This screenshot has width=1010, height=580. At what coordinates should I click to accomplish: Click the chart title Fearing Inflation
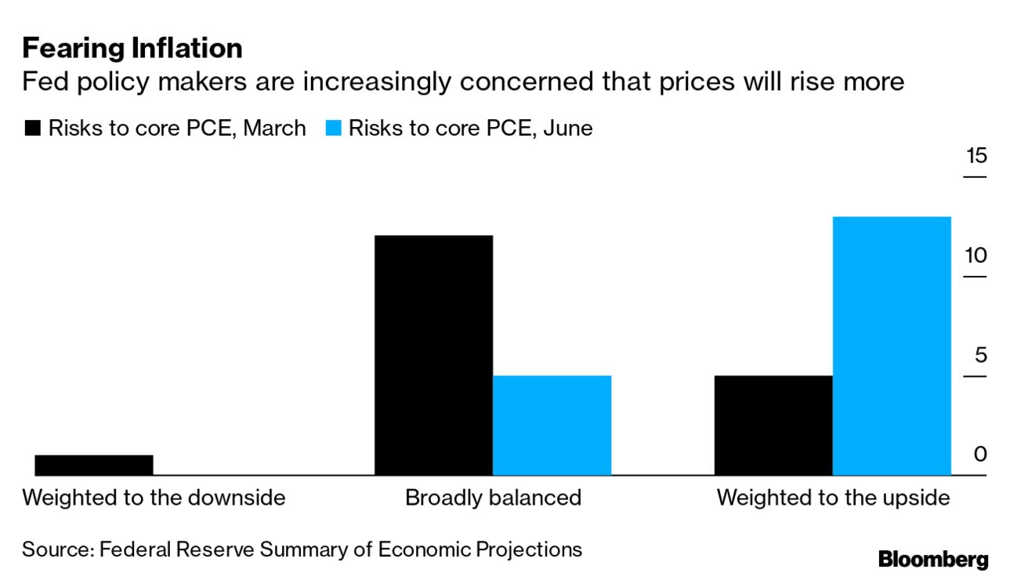coord(132,49)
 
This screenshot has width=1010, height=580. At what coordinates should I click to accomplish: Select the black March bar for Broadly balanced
coord(434,354)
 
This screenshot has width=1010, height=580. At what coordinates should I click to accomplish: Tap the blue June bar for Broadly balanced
coord(552,425)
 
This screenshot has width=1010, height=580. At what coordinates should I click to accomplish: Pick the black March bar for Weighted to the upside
coord(773,425)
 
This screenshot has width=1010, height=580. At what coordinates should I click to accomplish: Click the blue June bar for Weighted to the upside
coord(892,345)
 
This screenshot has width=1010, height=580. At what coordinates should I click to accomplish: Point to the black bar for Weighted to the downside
coord(94,465)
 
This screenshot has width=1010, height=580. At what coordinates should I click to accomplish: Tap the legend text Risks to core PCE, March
coord(177,129)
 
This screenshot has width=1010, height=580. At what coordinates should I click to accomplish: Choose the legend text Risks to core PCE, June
coord(470,129)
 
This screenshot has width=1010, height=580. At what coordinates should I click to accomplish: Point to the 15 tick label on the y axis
coord(976,156)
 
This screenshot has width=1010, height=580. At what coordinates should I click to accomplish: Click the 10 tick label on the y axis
coord(976,256)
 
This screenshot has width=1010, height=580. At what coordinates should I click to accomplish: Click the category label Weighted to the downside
coord(154,498)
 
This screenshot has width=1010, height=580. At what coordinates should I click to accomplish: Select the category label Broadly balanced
coord(493,498)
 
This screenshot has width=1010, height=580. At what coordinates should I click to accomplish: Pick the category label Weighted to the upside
coord(833,498)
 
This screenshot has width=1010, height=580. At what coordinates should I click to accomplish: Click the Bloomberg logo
coord(933,560)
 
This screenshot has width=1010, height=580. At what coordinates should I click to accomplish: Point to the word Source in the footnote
coord(57,549)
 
